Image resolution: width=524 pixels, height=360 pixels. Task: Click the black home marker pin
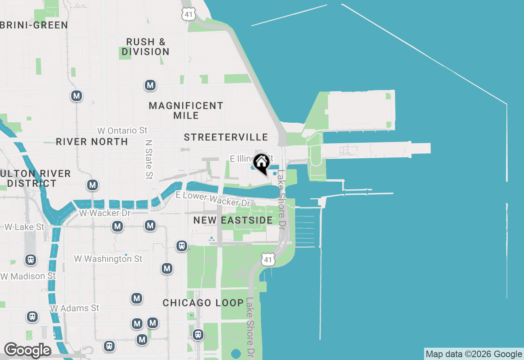(261, 163)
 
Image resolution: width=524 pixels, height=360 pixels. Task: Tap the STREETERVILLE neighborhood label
(226, 137)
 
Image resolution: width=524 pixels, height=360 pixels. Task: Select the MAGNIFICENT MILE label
(186, 110)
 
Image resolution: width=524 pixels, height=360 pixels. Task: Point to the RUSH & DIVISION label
(145, 47)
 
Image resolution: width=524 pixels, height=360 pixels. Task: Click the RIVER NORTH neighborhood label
(92, 142)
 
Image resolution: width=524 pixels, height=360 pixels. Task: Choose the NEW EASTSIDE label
(233, 220)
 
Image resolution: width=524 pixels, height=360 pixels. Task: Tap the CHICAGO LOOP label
(203, 303)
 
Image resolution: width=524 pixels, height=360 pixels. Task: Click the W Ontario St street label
(122, 130)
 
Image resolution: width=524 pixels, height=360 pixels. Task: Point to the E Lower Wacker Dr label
(212, 199)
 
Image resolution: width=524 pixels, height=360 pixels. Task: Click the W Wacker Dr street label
(105, 213)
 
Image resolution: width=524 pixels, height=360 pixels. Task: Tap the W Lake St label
(24, 227)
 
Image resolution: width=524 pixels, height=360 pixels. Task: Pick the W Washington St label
(108, 259)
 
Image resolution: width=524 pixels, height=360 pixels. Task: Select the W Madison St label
(28, 276)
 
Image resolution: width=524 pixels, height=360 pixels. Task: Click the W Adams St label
(75, 308)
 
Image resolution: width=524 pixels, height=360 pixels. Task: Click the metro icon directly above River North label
(77, 96)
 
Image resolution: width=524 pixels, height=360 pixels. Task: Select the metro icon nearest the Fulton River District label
(93, 185)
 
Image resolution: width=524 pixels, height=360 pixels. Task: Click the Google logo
(27, 350)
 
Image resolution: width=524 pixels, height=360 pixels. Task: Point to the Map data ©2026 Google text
(474, 354)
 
